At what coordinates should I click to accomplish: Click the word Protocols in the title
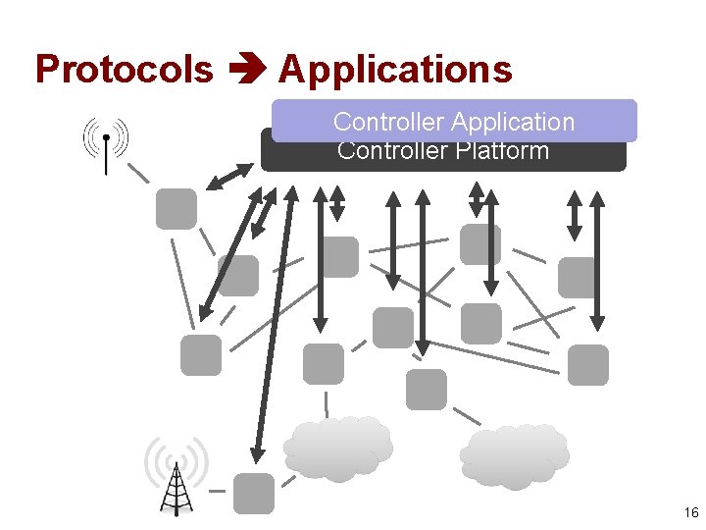[x=124, y=71]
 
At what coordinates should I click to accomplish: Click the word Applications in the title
[x=395, y=71]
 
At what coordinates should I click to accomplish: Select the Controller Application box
[x=454, y=121]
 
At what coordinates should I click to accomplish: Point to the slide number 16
[x=690, y=512]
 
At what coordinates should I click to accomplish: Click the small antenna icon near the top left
[x=106, y=144]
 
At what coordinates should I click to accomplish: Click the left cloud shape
[x=337, y=449]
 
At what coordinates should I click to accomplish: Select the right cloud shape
[x=514, y=455]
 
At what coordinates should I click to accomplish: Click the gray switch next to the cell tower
[x=254, y=494]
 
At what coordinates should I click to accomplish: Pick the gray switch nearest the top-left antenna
[x=176, y=209]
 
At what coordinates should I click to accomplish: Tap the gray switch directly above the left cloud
[x=324, y=364]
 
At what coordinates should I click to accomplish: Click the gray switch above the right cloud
[x=427, y=389]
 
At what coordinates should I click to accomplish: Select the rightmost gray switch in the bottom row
[x=588, y=364]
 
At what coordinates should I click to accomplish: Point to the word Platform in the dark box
[x=501, y=152]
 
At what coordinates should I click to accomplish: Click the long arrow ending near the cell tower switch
[x=273, y=324]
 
